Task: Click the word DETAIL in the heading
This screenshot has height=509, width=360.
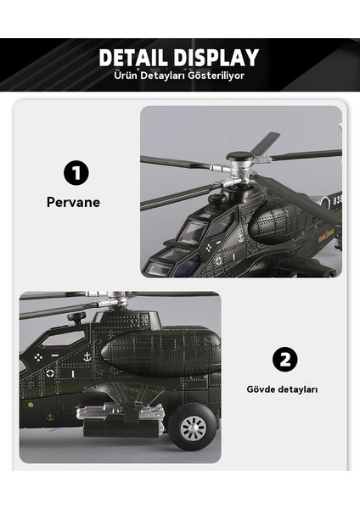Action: [x=137, y=58]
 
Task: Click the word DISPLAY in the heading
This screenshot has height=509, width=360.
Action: [x=215, y=58]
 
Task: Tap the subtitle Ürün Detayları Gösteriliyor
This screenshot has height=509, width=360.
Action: [x=179, y=76]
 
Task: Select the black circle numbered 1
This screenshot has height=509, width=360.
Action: [x=76, y=174]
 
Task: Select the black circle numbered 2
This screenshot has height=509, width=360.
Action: [x=284, y=360]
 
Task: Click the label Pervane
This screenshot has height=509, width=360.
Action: [x=73, y=203]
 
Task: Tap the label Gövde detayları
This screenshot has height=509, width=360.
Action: [x=282, y=389]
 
